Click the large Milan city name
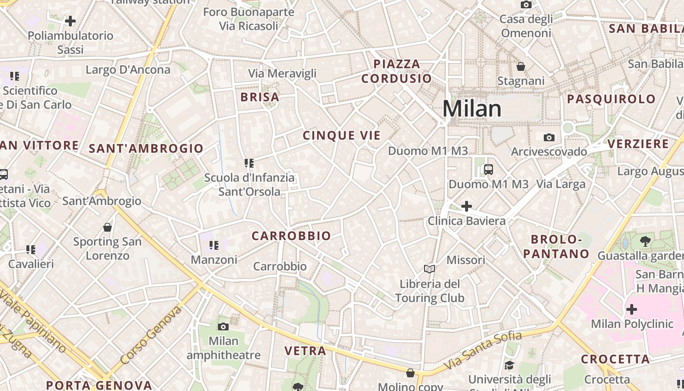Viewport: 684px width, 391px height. click(472, 109)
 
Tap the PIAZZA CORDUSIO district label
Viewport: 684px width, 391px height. click(397, 71)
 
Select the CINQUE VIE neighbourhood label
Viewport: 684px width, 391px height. click(342, 136)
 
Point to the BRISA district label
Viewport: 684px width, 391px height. click(260, 97)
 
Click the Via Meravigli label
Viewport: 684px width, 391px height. click(282, 73)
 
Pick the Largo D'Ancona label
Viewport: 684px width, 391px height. click(128, 69)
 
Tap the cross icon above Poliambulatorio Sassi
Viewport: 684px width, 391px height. click(70, 21)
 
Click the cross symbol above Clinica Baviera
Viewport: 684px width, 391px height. click(467, 206)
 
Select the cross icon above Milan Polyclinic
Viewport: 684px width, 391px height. click(632, 309)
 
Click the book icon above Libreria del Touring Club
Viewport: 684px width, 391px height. click(429, 269)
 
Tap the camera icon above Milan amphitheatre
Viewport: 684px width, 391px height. click(223, 326)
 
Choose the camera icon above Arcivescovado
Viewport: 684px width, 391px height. click(549, 138)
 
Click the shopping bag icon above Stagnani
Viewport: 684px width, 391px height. click(521, 66)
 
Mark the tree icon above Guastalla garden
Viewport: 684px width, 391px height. click(645, 241)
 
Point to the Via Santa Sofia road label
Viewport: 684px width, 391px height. click(483, 350)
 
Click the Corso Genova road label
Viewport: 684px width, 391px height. click(151, 335)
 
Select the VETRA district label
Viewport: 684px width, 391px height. click(305, 350)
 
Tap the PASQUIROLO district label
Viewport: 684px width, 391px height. click(611, 99)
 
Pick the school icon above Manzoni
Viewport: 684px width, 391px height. click(214, 245)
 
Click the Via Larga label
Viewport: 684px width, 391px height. click(561, 184)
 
